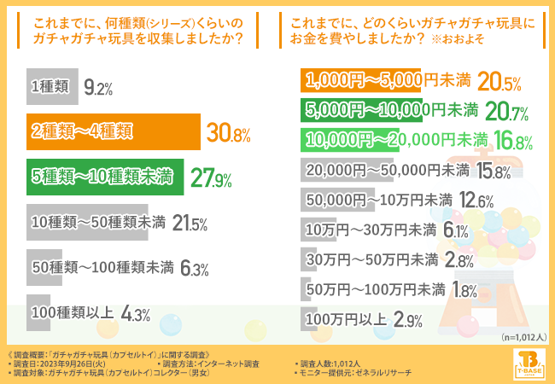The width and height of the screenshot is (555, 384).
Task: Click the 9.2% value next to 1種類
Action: click(x=98, y=86)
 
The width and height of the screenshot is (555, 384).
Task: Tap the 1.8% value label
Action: click(x=464, y=290)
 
